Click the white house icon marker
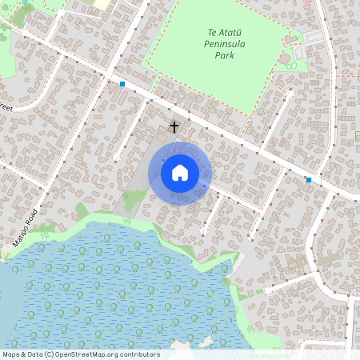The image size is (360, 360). (180, 172)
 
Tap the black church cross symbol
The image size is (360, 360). (174, 126)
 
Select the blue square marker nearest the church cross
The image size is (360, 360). (122, 84)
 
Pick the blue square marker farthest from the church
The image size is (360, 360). (309, 180)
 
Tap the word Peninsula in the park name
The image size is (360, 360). (213, 45)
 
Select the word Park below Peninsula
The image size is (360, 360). (213, 56)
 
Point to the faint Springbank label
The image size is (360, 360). (268, 354)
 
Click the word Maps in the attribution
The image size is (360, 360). (12, 354)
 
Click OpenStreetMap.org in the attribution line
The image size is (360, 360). (89, 354)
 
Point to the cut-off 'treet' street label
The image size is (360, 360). (6, 106)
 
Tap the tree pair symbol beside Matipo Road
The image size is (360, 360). (46, 235)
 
